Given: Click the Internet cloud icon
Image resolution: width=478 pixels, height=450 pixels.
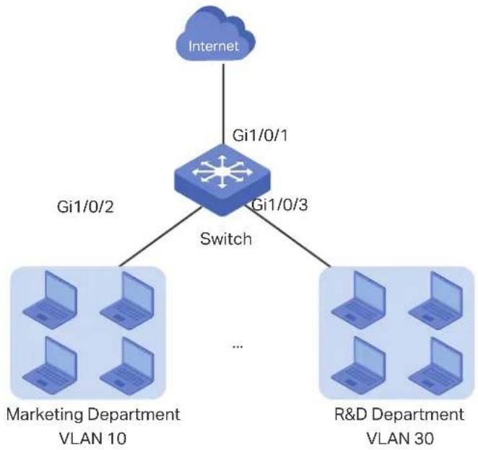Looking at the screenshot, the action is [215, 35].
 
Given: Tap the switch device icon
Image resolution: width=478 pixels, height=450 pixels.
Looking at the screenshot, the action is [222, 180].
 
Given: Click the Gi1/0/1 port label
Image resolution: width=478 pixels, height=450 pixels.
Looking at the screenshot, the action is [260, 135].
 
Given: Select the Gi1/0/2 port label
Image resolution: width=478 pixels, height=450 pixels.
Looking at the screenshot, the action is [85, 207].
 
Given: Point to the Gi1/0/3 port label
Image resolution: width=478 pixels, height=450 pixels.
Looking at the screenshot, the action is [280, 205].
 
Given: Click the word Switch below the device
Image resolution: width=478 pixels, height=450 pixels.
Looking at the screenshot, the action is [226, 239].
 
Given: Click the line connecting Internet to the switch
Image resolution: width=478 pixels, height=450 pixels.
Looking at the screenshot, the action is [223, 104].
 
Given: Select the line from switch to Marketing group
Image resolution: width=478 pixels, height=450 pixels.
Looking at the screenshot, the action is [160, 237].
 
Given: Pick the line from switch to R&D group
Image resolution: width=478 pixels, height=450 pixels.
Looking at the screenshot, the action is [287, 236].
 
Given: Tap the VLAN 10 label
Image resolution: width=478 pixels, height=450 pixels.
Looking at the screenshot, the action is [92, 438].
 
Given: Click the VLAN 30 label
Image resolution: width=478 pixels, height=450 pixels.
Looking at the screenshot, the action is [399, 438].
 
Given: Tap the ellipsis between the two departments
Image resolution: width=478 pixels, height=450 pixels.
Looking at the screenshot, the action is [238, 346].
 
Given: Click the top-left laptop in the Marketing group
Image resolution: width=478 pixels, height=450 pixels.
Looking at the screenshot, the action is [50, 300].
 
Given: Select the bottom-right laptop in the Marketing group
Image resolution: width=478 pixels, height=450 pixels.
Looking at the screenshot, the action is [127, 366].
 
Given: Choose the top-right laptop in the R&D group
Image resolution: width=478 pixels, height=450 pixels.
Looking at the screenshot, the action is [435, 300].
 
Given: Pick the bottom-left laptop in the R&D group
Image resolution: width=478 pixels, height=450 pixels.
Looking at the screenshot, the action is [358, 366].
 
